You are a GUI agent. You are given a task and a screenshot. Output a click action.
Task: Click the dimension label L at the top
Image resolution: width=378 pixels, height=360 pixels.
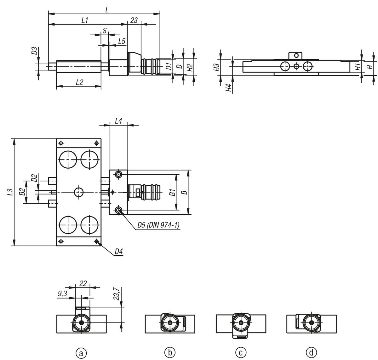tap(107, 10)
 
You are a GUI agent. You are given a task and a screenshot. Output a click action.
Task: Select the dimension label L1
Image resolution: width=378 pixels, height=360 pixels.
tap(85, 20)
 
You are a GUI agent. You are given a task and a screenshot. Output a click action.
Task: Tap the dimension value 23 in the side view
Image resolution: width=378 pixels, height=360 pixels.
tap(134, 20)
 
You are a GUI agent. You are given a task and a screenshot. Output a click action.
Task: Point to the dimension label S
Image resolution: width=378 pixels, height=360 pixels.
tap(105, 31)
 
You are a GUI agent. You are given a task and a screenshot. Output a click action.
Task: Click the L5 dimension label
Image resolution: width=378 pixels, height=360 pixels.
tap(122, 41)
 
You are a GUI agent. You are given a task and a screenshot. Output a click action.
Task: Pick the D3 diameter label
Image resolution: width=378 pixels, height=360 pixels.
tap(34, 51)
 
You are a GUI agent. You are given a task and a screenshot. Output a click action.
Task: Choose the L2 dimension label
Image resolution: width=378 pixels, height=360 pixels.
tap(79, 82)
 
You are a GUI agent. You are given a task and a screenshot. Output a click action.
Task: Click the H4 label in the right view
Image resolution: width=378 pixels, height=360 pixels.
tap(228, 88)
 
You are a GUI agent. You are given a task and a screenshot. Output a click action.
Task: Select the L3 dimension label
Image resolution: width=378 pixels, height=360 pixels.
tap(10, 192)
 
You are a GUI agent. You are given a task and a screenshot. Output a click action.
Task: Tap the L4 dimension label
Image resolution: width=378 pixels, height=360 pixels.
tap(118, 121)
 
